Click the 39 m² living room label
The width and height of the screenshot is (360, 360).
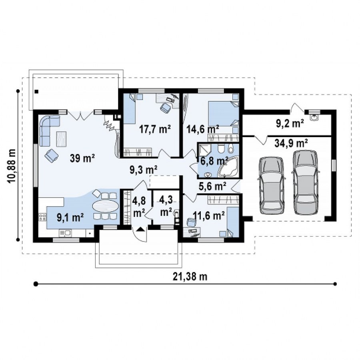pos(82,158)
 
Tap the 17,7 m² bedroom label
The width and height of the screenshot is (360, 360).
pos(155,129)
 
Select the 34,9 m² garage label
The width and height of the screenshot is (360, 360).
pos(291,144)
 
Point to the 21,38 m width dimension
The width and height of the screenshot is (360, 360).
pos(190,277)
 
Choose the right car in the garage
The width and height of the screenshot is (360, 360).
pos(305,182)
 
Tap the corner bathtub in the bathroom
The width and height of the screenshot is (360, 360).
pos(228,168)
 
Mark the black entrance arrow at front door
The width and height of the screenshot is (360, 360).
pos(141,229)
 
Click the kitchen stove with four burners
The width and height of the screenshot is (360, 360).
pos(42,217)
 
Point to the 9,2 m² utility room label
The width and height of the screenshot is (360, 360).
pos(290,123)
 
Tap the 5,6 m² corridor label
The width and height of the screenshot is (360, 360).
pos(212,186)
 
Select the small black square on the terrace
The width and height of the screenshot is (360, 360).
pos(36,92)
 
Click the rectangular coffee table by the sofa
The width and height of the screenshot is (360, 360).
pos(61,139)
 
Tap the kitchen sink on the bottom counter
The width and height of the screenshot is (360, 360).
pos(66,233)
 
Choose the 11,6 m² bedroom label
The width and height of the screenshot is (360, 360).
pos(209,216)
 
